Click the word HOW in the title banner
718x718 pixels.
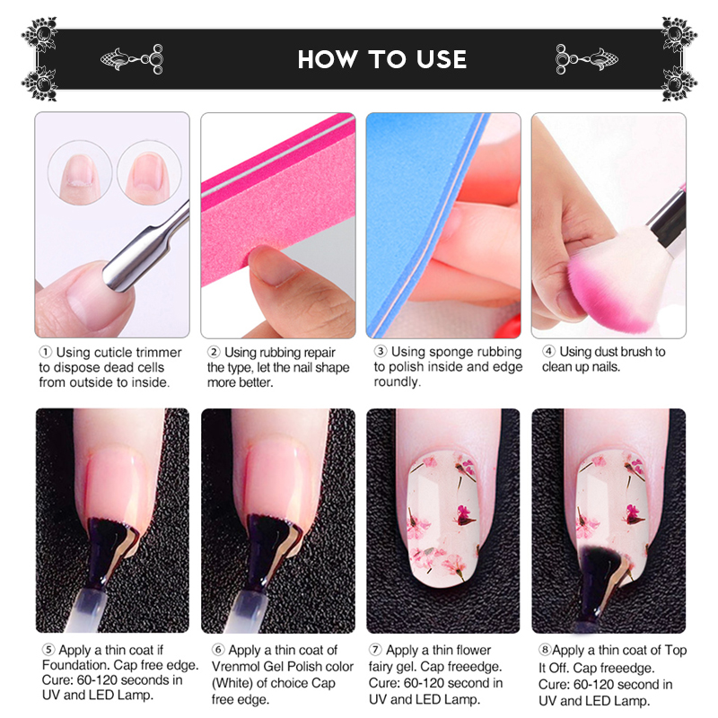pyautogui.click(x=328, y=59)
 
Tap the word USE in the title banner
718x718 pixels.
pyautogui.click(x=442, y=59)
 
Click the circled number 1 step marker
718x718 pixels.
pyautogui.click(x=45, y=352)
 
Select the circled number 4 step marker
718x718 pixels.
pyautogui.click(x=548, y=351)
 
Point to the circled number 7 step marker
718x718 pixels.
pyautogui.click(x=375, y=650)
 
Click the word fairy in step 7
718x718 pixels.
pyautogui.click(x=384, y=667)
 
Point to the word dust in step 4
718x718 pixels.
pyautogui.click(x=613, y=352)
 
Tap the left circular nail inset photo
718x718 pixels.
pyautogui.click(x=80, y=172)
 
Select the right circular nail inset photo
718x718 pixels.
pyautogui.click(x=149, y=172)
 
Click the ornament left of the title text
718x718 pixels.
pyautogui.click(x=132, y=59)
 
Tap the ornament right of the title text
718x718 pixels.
pyautogui.click(x=587, y=59)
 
